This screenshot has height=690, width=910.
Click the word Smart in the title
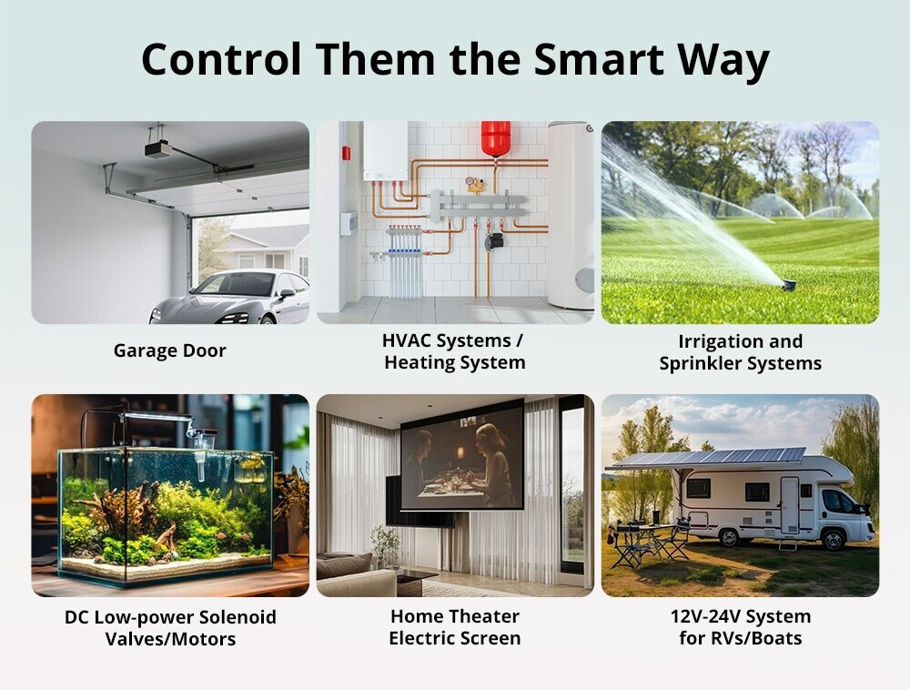[x=599, y=59]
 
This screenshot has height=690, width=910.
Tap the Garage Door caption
[x=169, y=350]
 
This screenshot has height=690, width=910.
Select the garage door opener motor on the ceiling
[x=158, y=149]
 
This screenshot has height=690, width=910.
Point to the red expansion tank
[x=496, y=138]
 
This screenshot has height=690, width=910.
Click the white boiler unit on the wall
[x=385, y=150]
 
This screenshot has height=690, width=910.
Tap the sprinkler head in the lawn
[x=789, y=285]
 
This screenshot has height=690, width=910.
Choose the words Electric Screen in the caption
[x=454, y=638]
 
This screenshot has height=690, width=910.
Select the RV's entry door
[x=789, y=505]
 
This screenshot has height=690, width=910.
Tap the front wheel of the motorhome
[x=833, y=540]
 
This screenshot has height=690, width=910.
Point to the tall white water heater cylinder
[x=571, y=215]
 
